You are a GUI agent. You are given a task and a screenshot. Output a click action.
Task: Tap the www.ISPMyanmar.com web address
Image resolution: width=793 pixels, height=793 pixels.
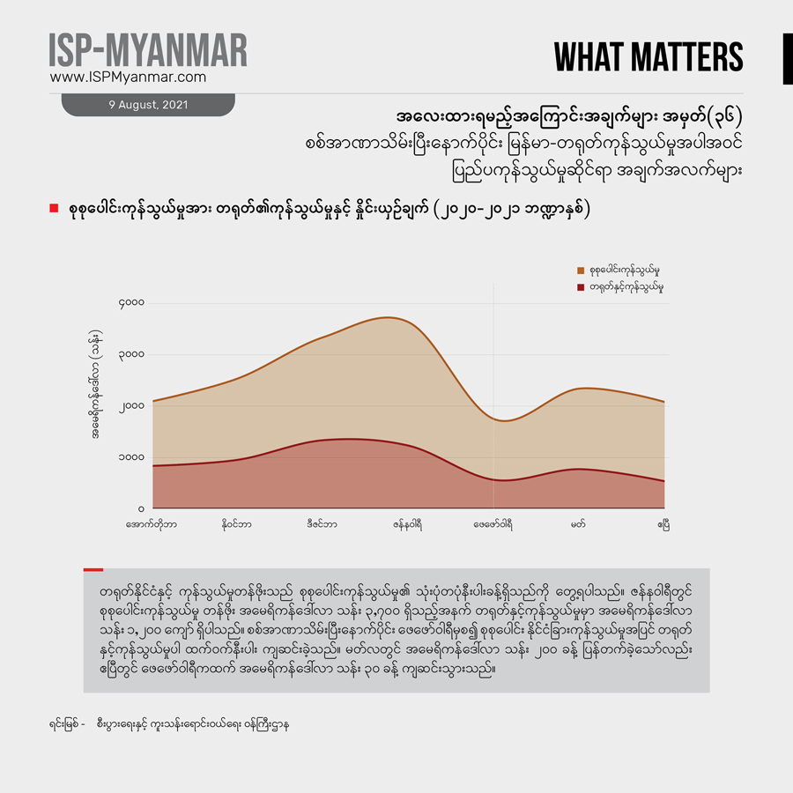tap(128, 78)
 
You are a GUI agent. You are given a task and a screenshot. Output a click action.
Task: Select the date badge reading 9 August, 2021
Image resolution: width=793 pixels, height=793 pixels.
tap(147, 104)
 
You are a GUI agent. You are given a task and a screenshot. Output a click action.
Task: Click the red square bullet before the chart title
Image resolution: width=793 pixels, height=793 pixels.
tap(54, 209)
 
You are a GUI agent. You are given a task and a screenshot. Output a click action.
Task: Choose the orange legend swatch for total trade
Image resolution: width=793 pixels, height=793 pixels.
tap(582, 271)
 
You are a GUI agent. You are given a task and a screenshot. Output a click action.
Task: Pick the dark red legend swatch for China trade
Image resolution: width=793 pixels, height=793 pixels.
tap(582, 287)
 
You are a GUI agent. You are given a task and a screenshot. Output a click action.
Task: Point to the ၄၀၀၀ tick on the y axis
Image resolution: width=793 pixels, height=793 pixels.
tap(131, 304)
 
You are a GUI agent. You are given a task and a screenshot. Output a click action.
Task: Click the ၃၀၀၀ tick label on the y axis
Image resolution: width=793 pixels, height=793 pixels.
tap(131, 355)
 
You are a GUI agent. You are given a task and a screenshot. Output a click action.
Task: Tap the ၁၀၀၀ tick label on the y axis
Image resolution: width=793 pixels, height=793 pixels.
tap(131, 458)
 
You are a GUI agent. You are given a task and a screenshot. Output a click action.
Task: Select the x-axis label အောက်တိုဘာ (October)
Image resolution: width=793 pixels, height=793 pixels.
tap(152, 524)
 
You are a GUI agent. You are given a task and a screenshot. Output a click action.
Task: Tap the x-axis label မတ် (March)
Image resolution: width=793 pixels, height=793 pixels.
tap(578, 524)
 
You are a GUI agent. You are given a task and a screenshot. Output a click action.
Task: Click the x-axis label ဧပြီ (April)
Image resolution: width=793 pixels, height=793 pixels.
tap(663, 524)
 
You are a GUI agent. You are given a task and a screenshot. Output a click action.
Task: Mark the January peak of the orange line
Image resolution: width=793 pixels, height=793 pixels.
tap(388, 317)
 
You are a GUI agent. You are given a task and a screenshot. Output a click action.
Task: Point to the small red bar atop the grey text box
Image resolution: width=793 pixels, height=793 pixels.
tap(93, 570)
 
